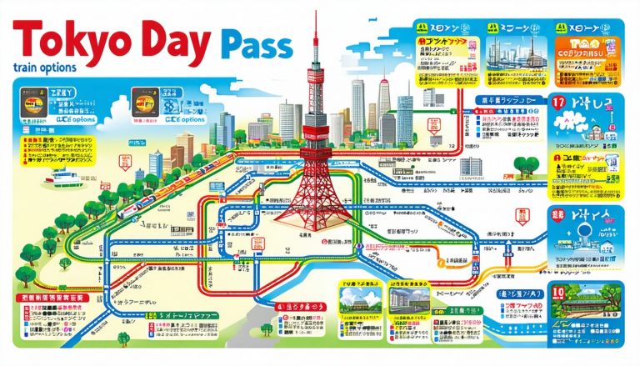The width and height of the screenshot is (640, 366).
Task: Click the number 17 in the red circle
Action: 560,104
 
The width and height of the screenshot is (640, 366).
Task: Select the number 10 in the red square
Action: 557,293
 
